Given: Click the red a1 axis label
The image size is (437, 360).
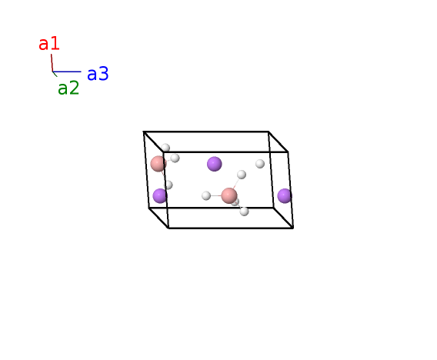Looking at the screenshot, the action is (x=49, y=44).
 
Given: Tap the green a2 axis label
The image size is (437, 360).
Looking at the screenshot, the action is (x=68, y=88).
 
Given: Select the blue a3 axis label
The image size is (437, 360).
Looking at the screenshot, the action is (x=98, y=74).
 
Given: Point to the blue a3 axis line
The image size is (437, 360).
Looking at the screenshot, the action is (x=67, y=72).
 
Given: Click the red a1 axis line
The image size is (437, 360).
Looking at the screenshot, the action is (x=52, y=63).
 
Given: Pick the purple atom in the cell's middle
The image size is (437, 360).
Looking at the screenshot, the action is (x=215, y=164).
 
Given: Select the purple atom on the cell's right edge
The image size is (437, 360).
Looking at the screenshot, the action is (x=285, y=196).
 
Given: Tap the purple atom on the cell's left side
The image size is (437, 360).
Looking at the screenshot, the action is (x=160, y=196).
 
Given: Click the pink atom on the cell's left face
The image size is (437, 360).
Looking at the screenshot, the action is (x=158, y=164).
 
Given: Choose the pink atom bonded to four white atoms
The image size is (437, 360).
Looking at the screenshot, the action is (x=229, y=195).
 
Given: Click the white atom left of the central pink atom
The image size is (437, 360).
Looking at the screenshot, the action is (x=206, y=195).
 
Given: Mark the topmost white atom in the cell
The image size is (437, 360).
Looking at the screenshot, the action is (x=165, y=148).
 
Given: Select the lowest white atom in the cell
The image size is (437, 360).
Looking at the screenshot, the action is (x=244, y=212).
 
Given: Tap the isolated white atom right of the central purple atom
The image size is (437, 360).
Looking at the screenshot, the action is (x=260, y=164).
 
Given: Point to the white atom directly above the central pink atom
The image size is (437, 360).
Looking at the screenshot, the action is (x=242, y=175).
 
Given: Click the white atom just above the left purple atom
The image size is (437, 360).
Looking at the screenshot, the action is (x=168, y=185).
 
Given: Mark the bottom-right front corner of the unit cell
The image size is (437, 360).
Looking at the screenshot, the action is (x=293, y=228).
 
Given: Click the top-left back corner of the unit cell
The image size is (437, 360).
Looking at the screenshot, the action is (x=144, y=132).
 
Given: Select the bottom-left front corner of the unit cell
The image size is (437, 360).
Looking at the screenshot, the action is (x=168, y=228).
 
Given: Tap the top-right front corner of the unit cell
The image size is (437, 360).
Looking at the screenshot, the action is (x=288, y=152).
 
